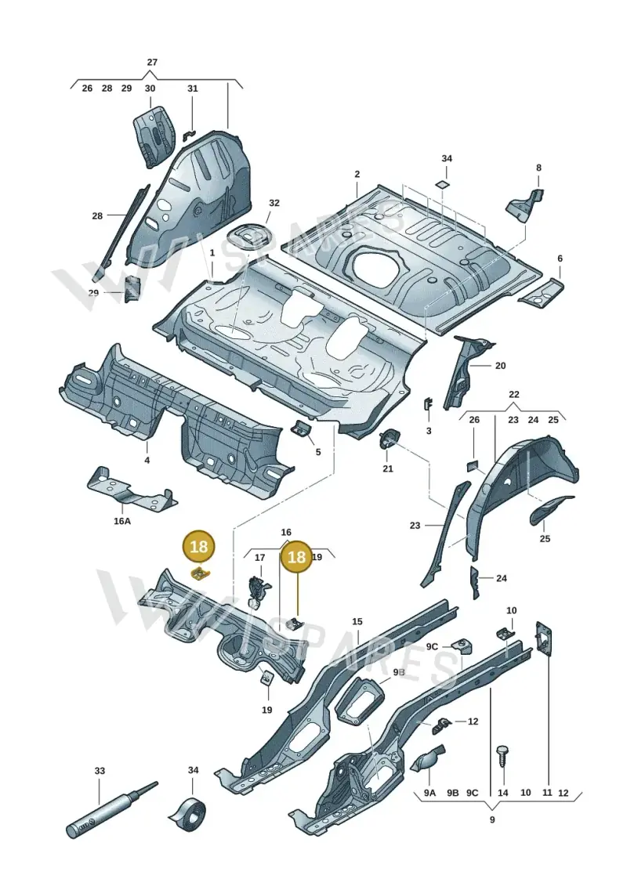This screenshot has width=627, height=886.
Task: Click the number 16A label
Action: [x=122, y=521]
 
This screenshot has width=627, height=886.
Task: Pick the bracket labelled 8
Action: [x=524, y=207]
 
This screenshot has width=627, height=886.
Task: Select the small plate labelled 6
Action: [x=541, y=293]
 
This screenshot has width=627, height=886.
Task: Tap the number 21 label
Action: [x=388, y=468]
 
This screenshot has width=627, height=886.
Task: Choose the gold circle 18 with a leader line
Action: [x=296, y=557]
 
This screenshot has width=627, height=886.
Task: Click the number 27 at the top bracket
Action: [x=152, y=62]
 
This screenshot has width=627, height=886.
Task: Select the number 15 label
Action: [x=357, y=621]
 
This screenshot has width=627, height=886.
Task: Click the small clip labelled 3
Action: [x=428, y=405]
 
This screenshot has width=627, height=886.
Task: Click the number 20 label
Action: [x=500, y=366]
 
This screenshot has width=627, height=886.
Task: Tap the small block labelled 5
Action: [x=302, y=429]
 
